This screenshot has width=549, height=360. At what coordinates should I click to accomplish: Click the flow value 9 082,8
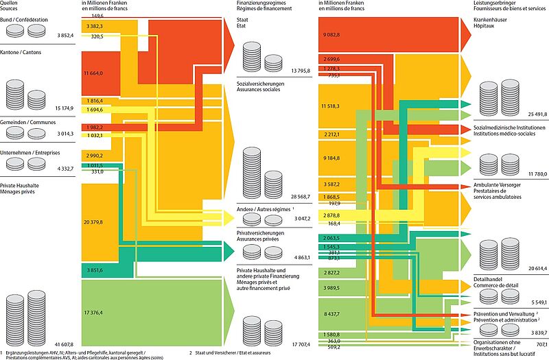pyautogui.click(x=331, y=34)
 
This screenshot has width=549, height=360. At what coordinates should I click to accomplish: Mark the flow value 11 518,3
pyautogui.click(x=331, y=107)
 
